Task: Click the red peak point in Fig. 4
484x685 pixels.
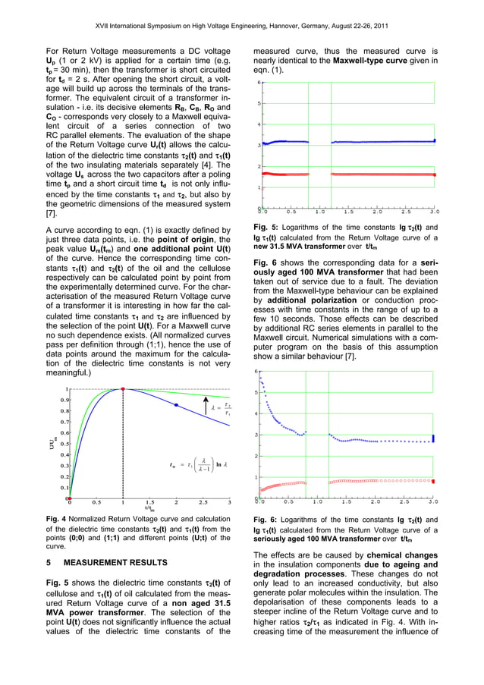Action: [123, 389]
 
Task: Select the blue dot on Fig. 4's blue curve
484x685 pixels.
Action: [176, 406]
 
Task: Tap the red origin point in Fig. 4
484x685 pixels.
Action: [70, 498]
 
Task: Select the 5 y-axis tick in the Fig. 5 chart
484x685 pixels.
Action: [261, 103]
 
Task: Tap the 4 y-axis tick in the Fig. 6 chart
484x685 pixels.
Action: [256, 413]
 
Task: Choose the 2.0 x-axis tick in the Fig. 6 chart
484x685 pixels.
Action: [376, 501]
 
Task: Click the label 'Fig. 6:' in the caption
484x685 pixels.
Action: [266, 517]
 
